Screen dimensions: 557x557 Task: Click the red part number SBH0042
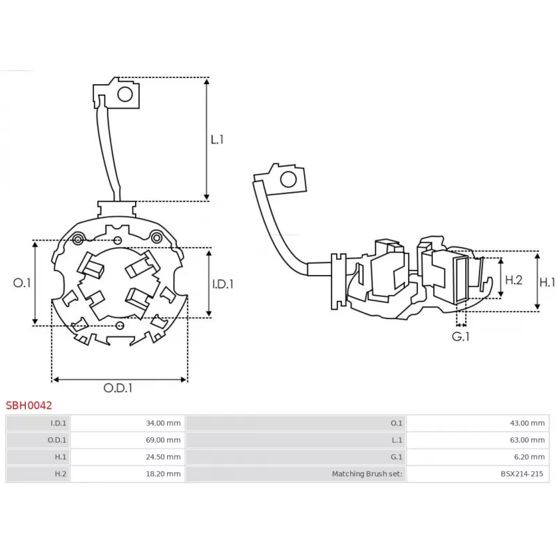29,404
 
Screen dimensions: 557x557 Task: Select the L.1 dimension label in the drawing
218,139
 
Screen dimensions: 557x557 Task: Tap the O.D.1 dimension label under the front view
118,388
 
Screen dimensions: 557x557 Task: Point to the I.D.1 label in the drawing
222,283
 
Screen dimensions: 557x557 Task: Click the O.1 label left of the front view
22,283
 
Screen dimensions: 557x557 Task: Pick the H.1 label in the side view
548,282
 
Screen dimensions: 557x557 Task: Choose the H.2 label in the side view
513,280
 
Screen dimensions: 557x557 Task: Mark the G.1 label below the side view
461,336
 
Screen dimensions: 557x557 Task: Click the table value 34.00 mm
164,423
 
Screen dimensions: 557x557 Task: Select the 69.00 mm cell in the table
164,440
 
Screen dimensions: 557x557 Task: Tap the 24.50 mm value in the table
164,457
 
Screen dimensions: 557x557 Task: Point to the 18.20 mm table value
164,474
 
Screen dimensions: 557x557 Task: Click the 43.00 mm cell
528,423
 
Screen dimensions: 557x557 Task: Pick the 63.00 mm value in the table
528,440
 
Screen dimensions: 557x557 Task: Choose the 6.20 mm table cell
530,457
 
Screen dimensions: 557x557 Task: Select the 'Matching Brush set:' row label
367,474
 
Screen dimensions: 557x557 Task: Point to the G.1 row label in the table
396,457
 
